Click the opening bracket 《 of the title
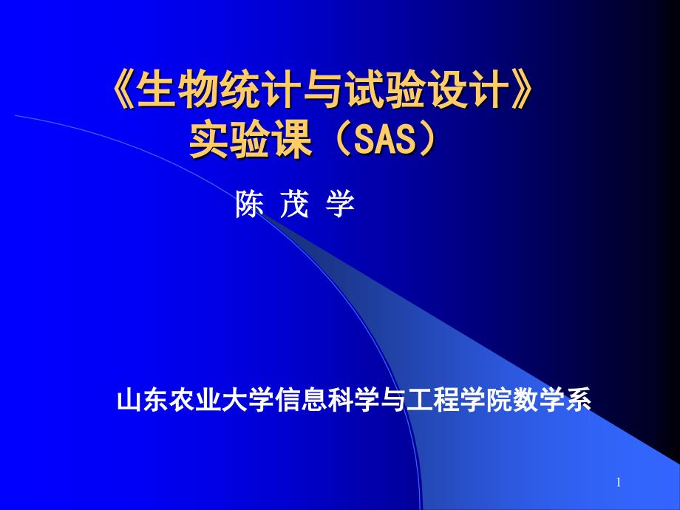pos(123,89)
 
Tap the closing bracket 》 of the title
pos(521,89)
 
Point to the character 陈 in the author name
pos(249,204)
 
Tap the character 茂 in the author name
pos(294,204)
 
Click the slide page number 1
pos(619,482)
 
